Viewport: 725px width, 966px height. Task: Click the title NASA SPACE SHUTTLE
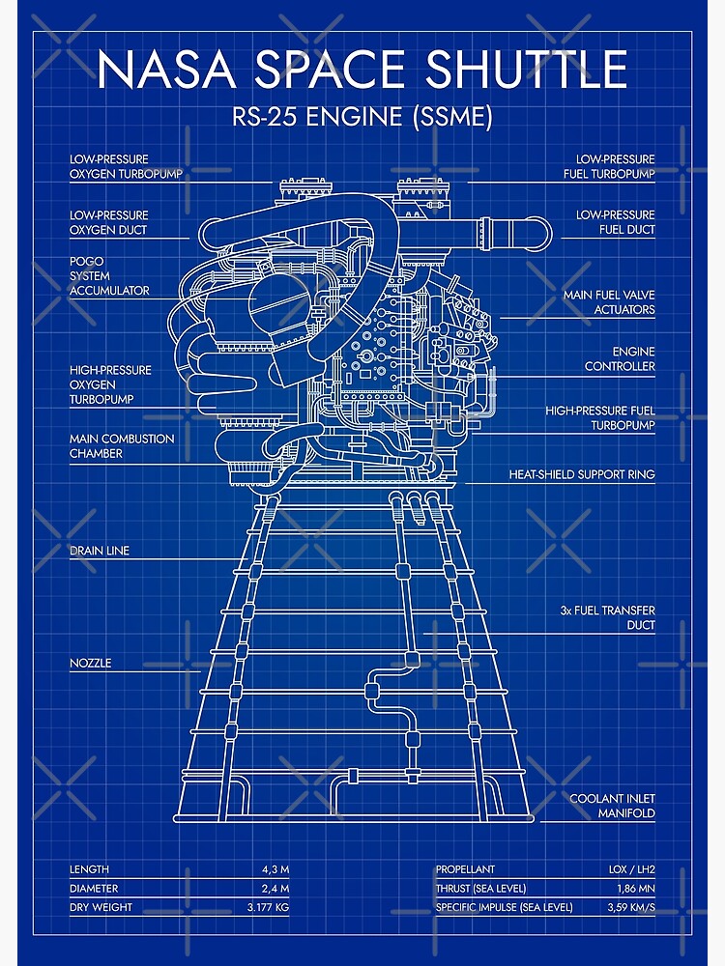(x=362, y=70)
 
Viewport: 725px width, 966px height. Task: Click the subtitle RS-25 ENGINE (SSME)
(x=362, y=118)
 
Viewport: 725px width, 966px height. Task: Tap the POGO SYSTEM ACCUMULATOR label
(x=109, y=275)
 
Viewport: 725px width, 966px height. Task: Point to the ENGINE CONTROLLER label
(x=620, y=358)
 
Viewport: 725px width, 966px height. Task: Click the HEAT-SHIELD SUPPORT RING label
(x=582, y=474)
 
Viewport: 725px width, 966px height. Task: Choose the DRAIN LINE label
(x=99, y=551)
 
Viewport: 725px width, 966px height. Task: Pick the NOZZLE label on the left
(x=90, y=663)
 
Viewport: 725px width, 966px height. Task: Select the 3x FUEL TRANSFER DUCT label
(x=607, y=617)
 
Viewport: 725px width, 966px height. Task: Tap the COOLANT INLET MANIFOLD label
(x=612, y=806)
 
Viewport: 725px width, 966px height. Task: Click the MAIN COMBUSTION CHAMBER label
(x=122, y=445)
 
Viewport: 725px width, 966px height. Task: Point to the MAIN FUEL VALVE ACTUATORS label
(x=609, y=302)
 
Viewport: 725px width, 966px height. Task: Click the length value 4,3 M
(x=275, y=869)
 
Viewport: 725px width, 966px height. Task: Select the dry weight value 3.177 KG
(x=268, y=907)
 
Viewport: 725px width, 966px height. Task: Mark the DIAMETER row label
(x=94, y=888)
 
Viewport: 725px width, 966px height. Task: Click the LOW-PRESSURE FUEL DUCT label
(x=613, y=222)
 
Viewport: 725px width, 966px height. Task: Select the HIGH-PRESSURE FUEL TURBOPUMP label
(x=600, y=417)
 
